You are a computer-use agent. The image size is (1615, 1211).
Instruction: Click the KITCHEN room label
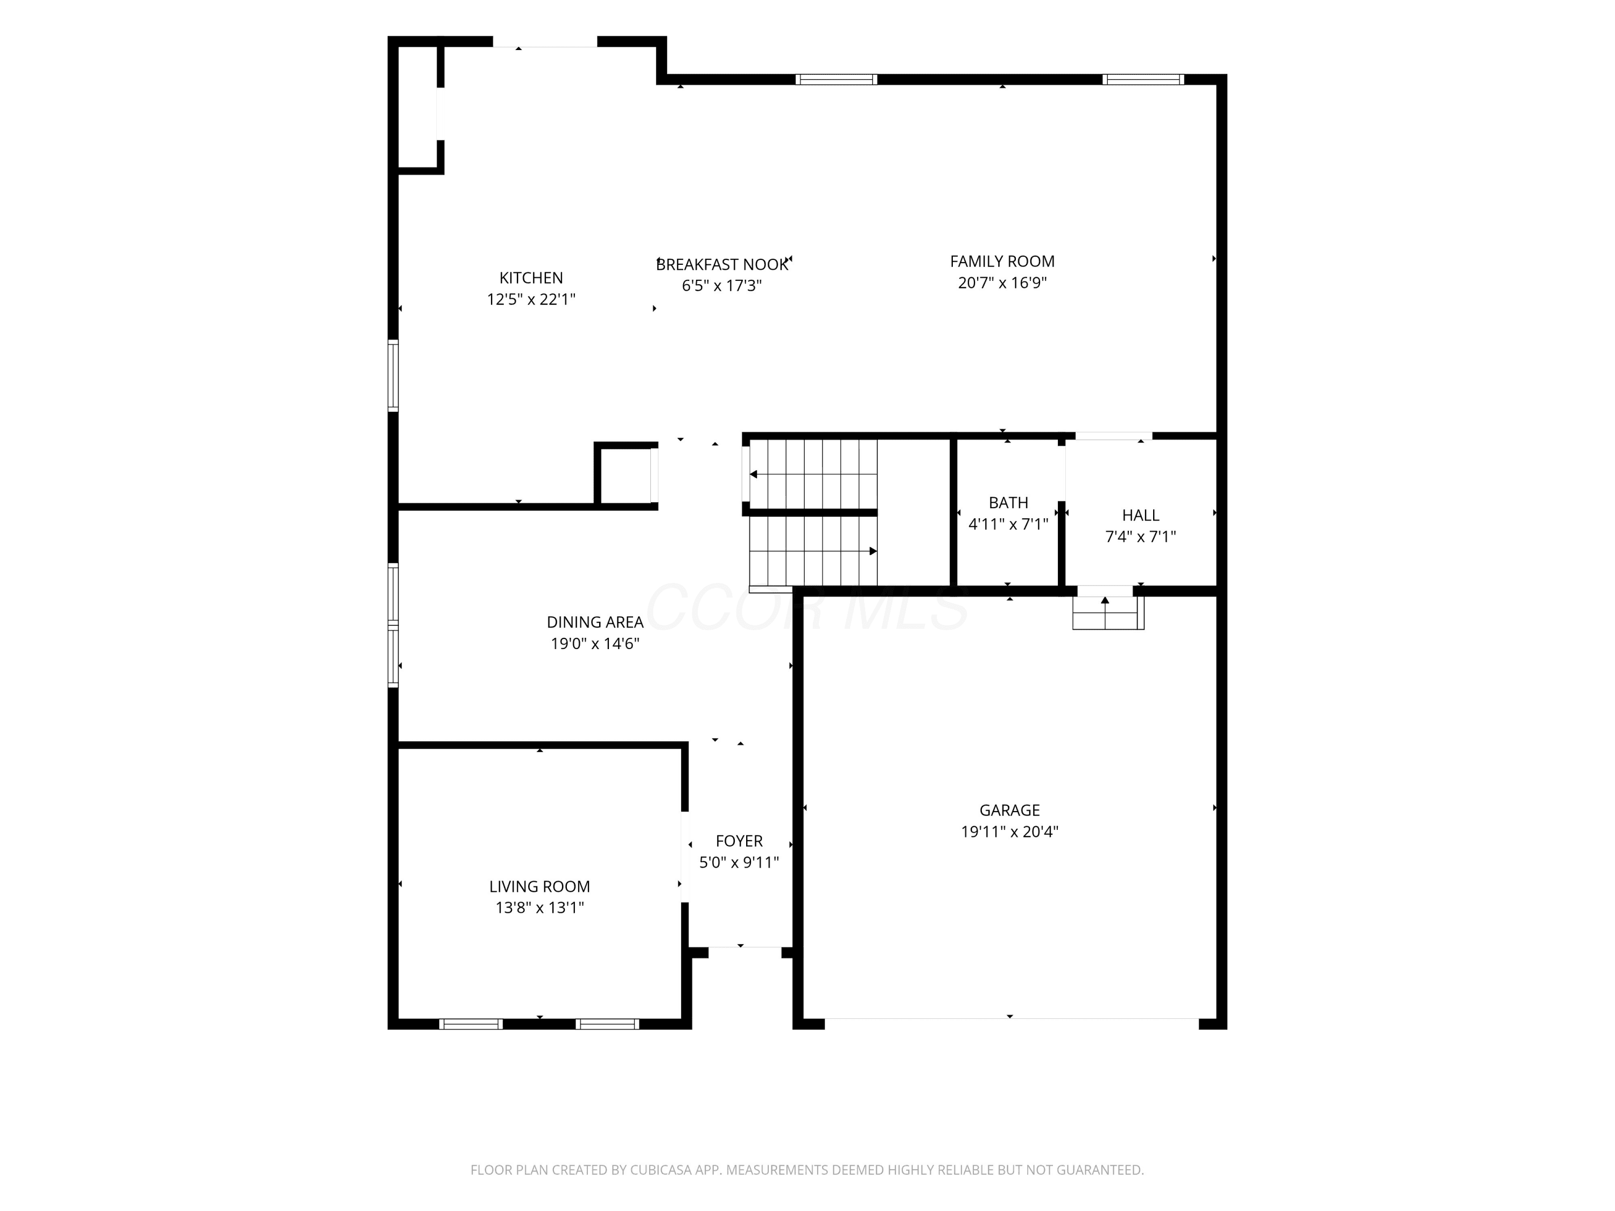point(531,278)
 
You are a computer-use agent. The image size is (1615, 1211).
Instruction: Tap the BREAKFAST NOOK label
point(722,265)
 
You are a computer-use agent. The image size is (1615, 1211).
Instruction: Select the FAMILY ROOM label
point(1002,262)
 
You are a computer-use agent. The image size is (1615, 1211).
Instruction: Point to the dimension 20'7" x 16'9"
point(1002,283)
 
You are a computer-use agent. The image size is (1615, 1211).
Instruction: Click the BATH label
point(1008,503)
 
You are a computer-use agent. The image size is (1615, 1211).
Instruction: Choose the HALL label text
point(1140,516)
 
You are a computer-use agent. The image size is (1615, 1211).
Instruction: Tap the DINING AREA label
point(595,623)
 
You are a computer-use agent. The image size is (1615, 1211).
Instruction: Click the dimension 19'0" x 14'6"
point(595,644)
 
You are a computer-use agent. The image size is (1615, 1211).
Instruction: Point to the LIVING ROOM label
point(539,887)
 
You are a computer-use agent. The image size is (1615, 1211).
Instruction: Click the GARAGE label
point(1010,810)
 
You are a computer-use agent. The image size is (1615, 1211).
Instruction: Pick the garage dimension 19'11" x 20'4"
point(1010,832)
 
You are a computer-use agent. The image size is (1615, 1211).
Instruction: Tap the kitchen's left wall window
point(393,376)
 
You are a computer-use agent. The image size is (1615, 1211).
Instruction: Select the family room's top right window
point(1143,80)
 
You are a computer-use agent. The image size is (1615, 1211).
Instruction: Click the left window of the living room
point(471,1024)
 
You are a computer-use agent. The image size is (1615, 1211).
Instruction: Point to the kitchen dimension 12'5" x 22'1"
point(531,299)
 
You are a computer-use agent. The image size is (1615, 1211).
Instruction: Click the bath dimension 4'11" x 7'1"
point(1008,524)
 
